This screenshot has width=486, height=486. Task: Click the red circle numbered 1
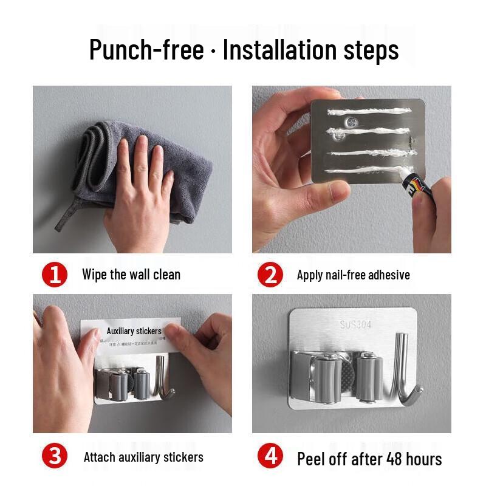tap(55, 275)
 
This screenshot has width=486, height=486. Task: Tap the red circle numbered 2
tap(270, 275)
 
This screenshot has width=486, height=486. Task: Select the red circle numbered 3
tap(55, 456)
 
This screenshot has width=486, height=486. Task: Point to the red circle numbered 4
tap(270, 456)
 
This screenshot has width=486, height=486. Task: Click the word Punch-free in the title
tap(146, 49)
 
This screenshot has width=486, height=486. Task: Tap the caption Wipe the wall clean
tap(131, 275)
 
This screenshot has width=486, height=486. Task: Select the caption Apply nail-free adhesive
tap(353, 275)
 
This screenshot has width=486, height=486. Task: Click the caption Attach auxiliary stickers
tap(143, 457)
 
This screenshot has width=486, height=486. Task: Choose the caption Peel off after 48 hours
tap(369, 459)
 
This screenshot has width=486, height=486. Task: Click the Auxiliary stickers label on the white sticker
tap(134, 331)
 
